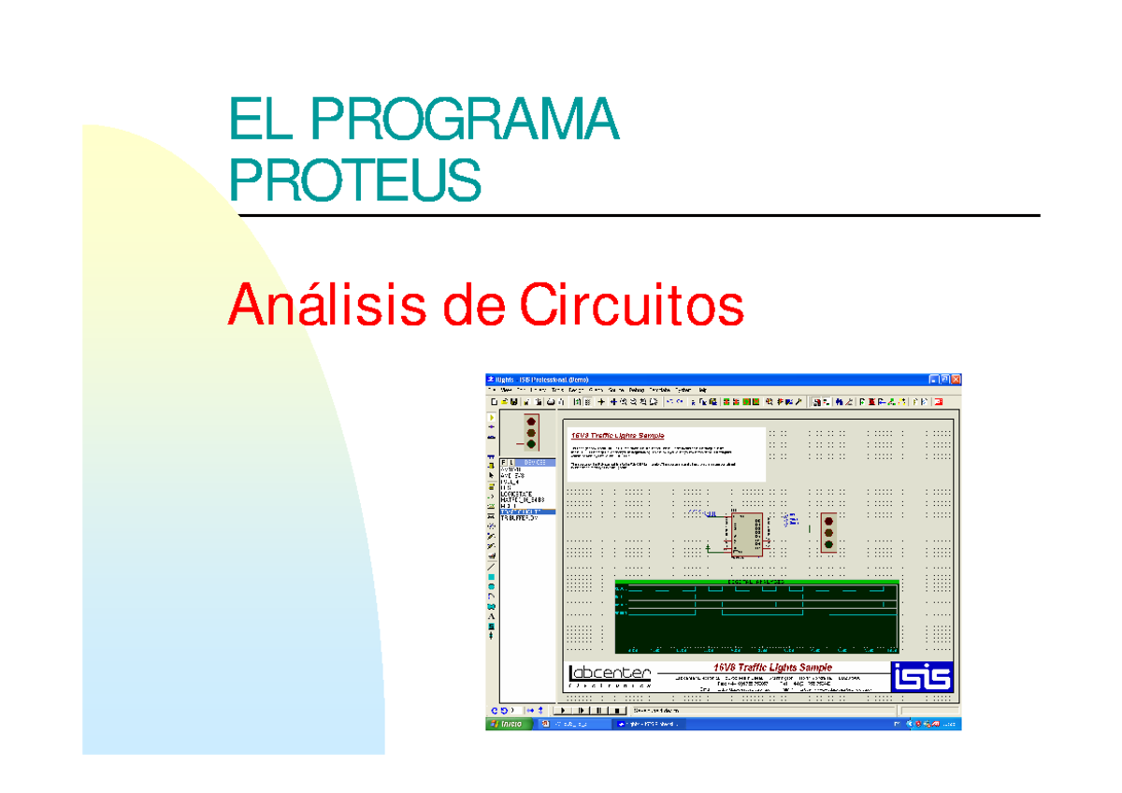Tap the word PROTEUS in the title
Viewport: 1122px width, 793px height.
pos(355,180)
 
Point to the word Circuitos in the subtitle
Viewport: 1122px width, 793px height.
pos(630,305)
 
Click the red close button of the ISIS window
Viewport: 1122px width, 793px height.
pos(956,379)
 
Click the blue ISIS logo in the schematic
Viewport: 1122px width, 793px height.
pos(921,676)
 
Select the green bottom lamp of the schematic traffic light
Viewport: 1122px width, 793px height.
pos(827,544)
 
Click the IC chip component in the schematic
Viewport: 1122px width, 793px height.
pos(745,536)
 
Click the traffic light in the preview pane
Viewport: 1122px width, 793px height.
pos(531,432)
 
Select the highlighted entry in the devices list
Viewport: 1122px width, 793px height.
pos(527,512)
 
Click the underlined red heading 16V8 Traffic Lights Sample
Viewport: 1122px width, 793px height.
pos(618,436)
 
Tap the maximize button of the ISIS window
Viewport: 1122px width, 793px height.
pos(944,379)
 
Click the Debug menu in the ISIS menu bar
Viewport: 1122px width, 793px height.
pos(637,389)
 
